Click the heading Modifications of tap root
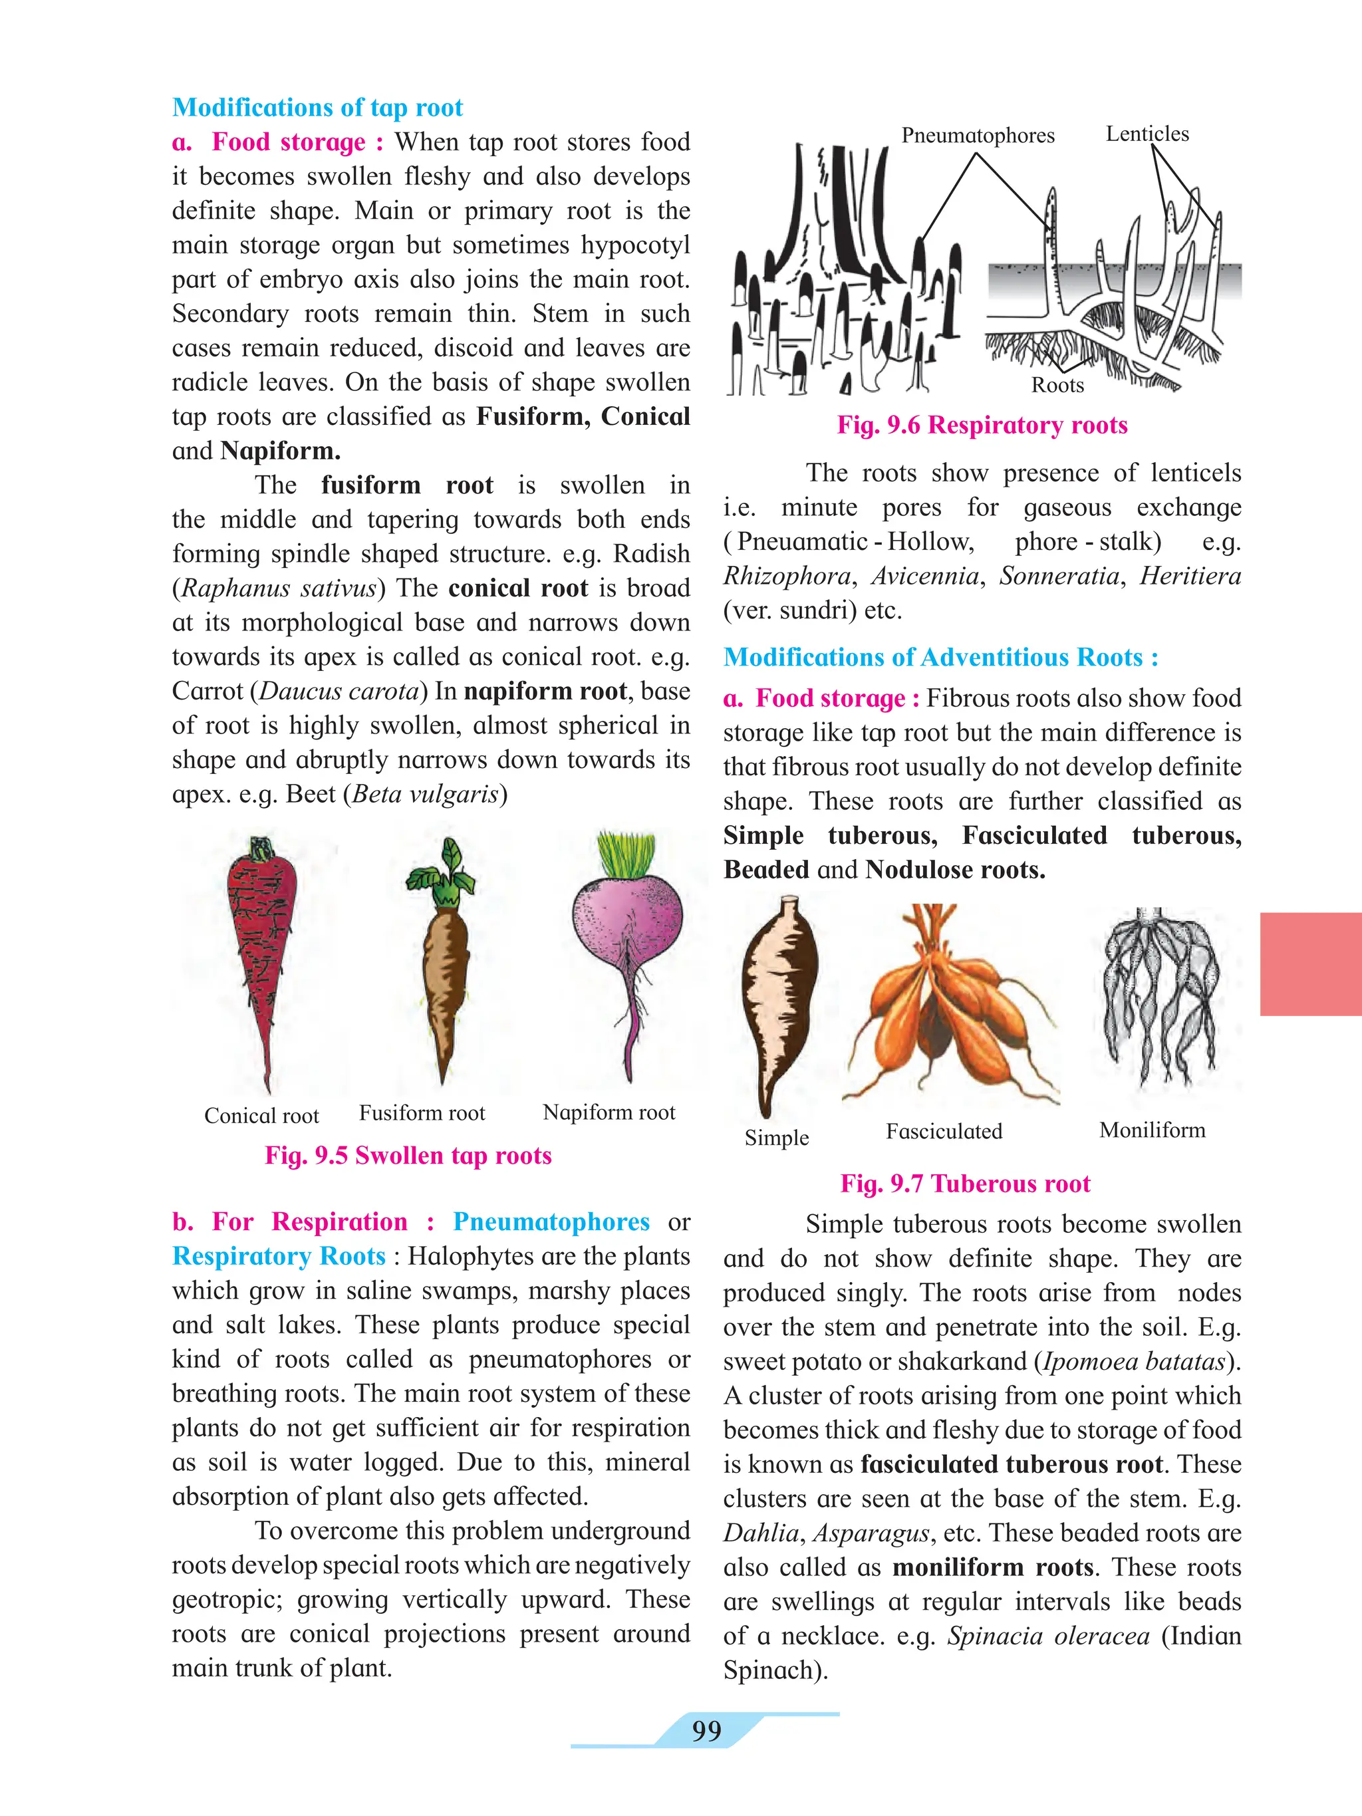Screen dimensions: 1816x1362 [317, 108]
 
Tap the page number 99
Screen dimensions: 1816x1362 [706, 1731]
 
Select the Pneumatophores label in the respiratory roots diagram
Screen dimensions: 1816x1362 [977, 136]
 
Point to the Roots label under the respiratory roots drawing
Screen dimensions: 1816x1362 [1057, 385]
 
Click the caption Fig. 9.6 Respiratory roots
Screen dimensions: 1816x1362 [982, 426]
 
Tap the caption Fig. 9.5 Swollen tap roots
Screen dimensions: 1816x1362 [408, 1155]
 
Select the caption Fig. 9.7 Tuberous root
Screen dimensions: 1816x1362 [965, 1183]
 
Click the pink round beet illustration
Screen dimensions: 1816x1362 [627, 928]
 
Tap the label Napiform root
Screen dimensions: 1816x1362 [609, 1112]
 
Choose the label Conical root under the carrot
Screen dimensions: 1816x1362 [261, 1116]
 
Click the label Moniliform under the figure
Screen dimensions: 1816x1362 [1152, 1130]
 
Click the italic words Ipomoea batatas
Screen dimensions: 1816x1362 [1134, 1361]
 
